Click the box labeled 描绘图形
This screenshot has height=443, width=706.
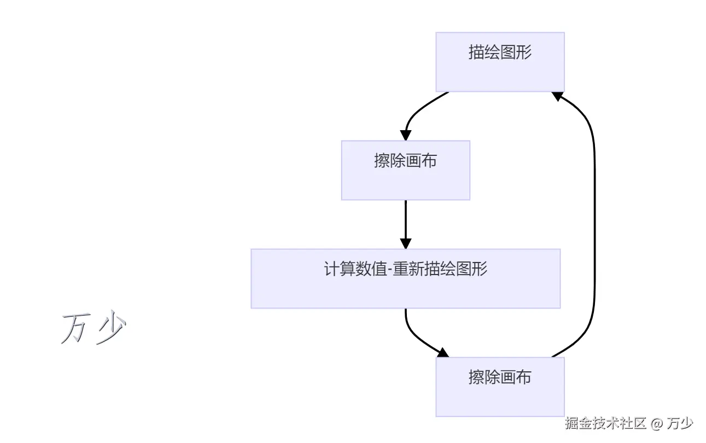coord(500,62)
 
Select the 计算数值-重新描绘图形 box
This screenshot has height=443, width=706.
coord(405,278)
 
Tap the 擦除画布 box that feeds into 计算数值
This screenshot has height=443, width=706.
coord(405,170)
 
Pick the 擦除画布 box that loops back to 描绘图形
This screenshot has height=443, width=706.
coord(500,387)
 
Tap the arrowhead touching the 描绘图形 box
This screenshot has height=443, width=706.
coord(557,96)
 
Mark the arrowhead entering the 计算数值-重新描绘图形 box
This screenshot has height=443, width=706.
coord(405,243)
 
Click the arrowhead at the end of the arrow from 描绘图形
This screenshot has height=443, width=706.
coord(405,135)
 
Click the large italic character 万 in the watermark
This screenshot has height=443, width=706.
coord(73,329)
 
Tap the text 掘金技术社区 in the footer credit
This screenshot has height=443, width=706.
coord(606,423)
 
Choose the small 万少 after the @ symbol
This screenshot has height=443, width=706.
coord(681,423)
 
